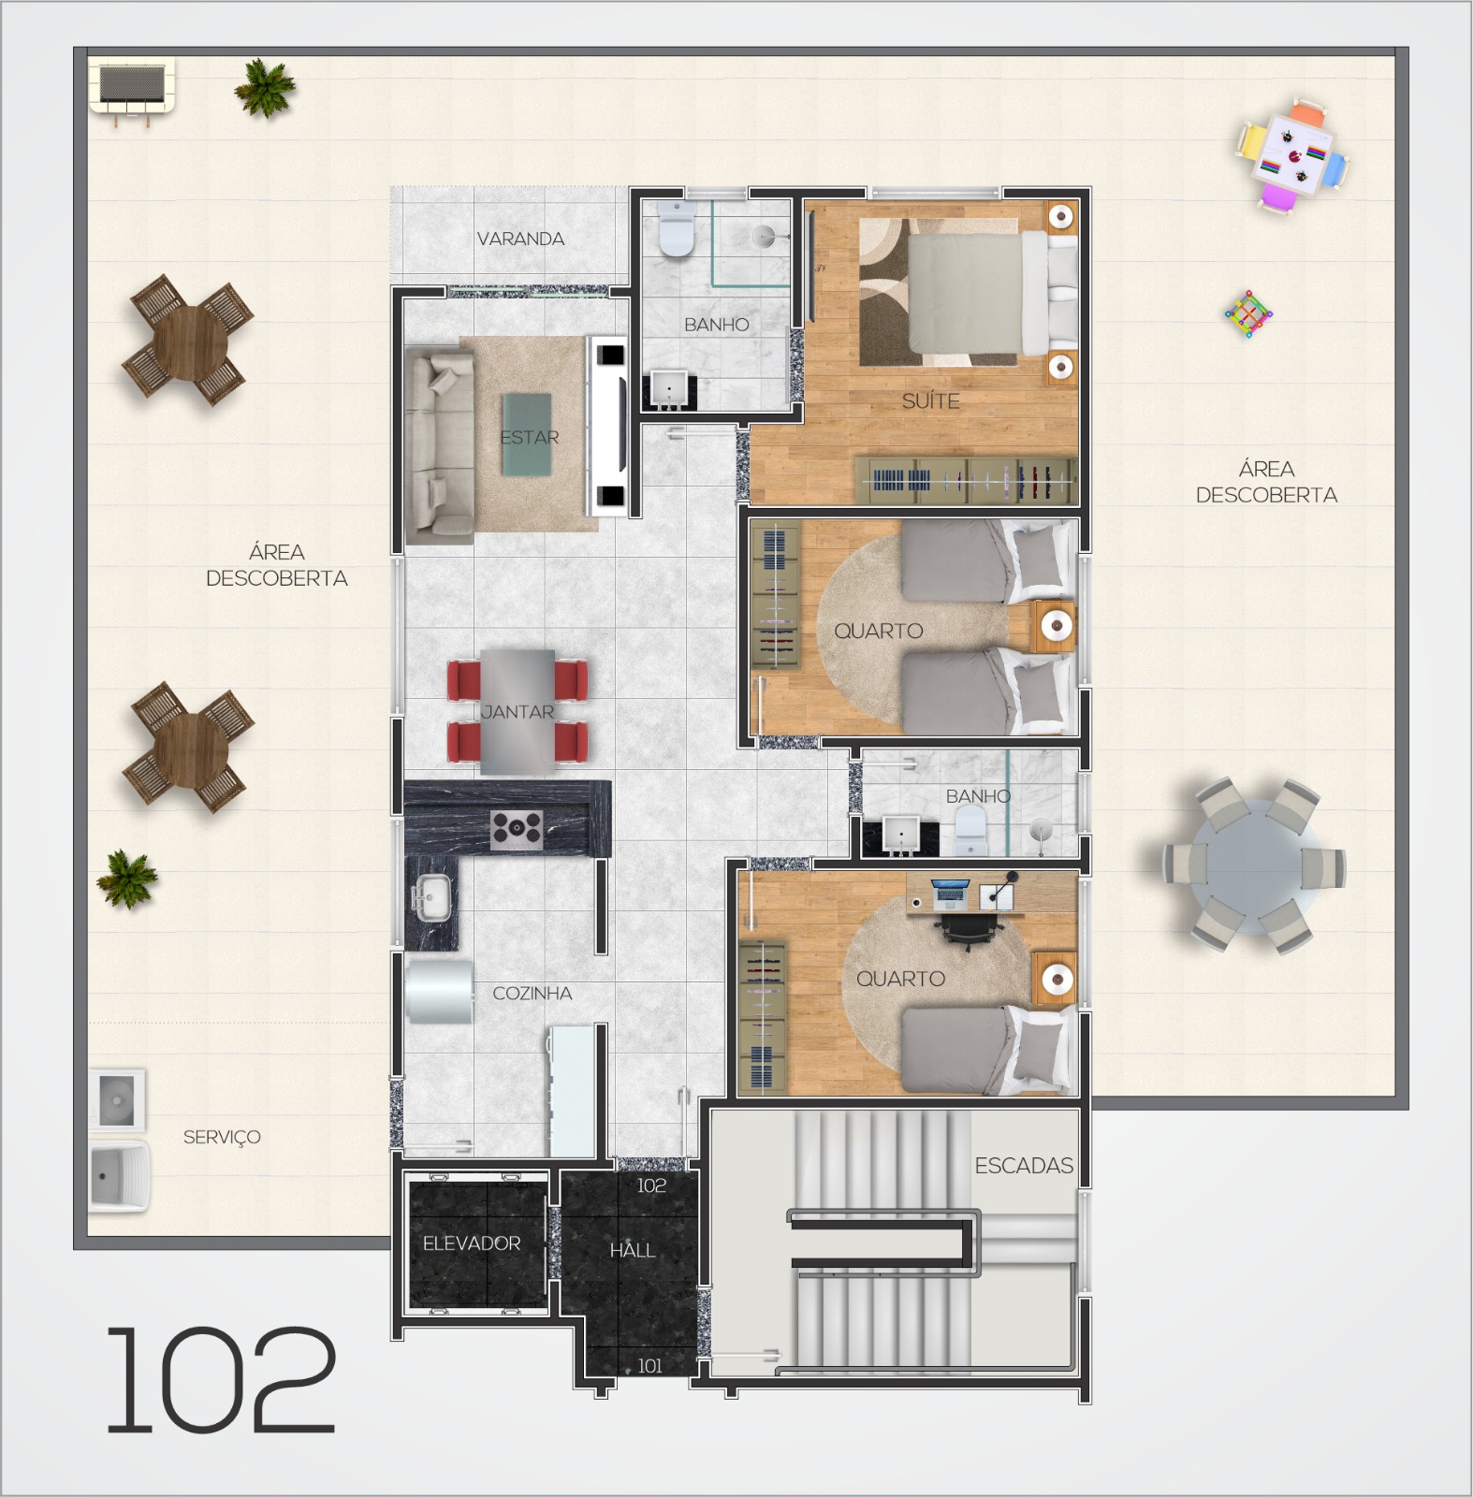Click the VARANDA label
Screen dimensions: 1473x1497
click(520, 239)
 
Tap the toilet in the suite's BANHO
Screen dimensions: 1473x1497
click(677, 229)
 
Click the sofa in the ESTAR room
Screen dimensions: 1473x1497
click(439, 444)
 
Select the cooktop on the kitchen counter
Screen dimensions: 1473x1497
click(518, 829)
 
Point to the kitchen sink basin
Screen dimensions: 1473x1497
click(430, 899)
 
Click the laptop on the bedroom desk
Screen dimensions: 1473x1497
click(949, 894)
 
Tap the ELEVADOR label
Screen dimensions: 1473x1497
click(472, 1243)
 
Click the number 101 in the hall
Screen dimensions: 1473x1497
click(649, 1366)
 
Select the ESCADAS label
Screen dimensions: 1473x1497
click(1024, 1165)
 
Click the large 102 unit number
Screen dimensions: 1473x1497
click(220, 1380)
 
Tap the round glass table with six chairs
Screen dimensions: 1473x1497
click(1254, 865)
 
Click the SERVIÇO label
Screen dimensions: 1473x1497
click(222, 1137)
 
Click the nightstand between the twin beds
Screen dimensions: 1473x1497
click(1055, 625)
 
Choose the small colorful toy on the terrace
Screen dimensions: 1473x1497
click(1248, 313)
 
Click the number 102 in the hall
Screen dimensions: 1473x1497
click(651, 1185)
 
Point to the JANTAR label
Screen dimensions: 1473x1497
click(518, 712)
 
